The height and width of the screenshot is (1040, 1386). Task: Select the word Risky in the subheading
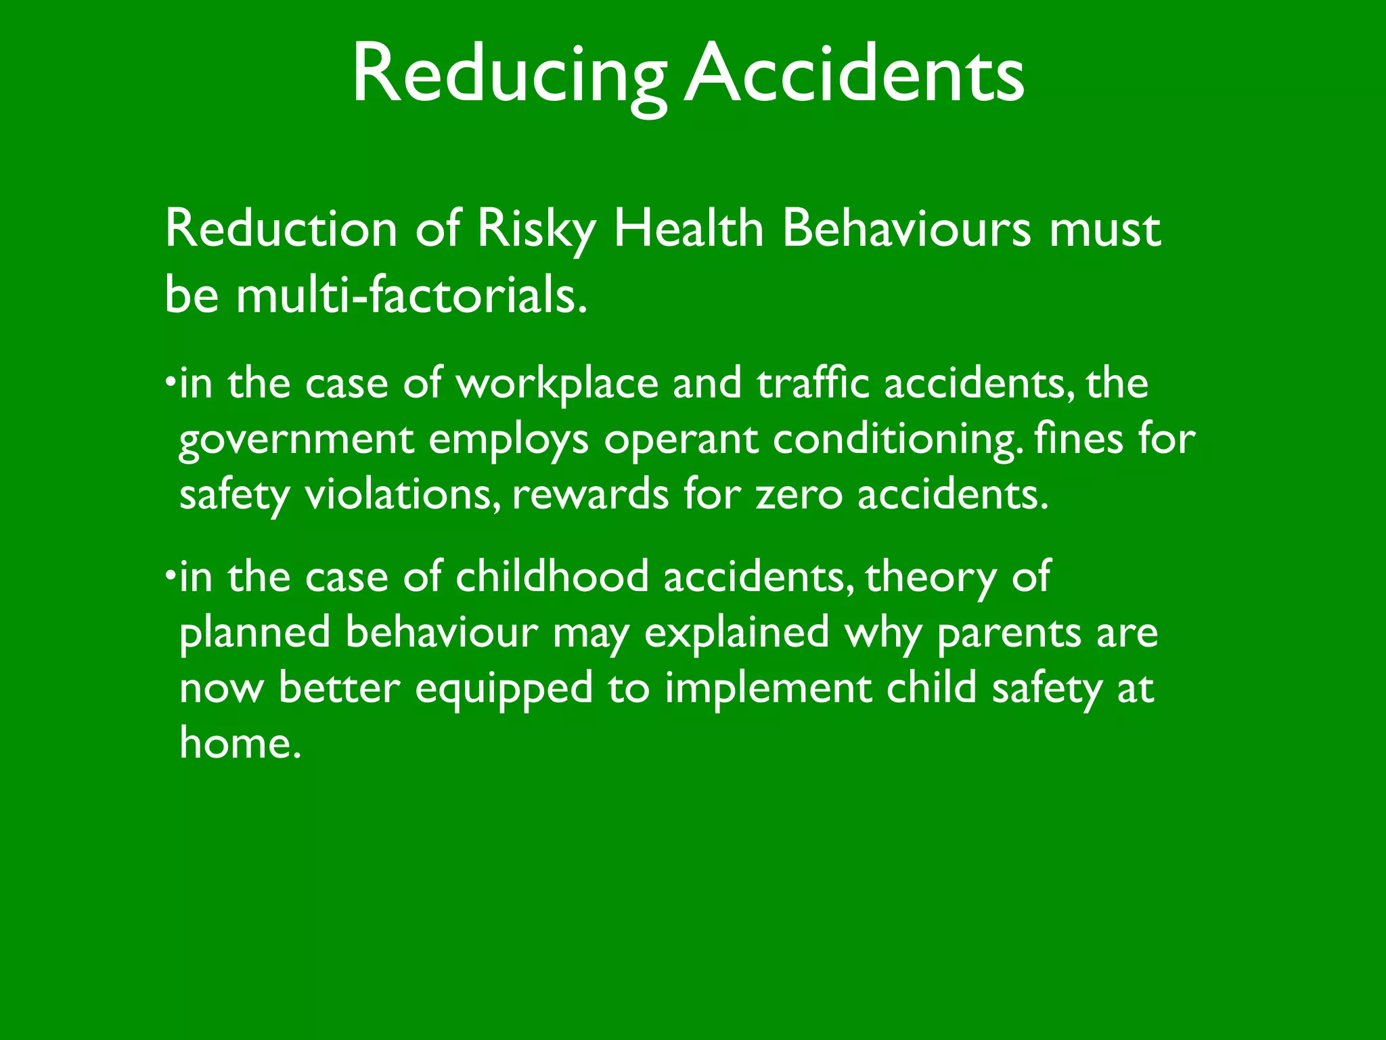[x=535, y=230]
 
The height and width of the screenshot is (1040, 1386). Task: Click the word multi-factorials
[x=411, y=296]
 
